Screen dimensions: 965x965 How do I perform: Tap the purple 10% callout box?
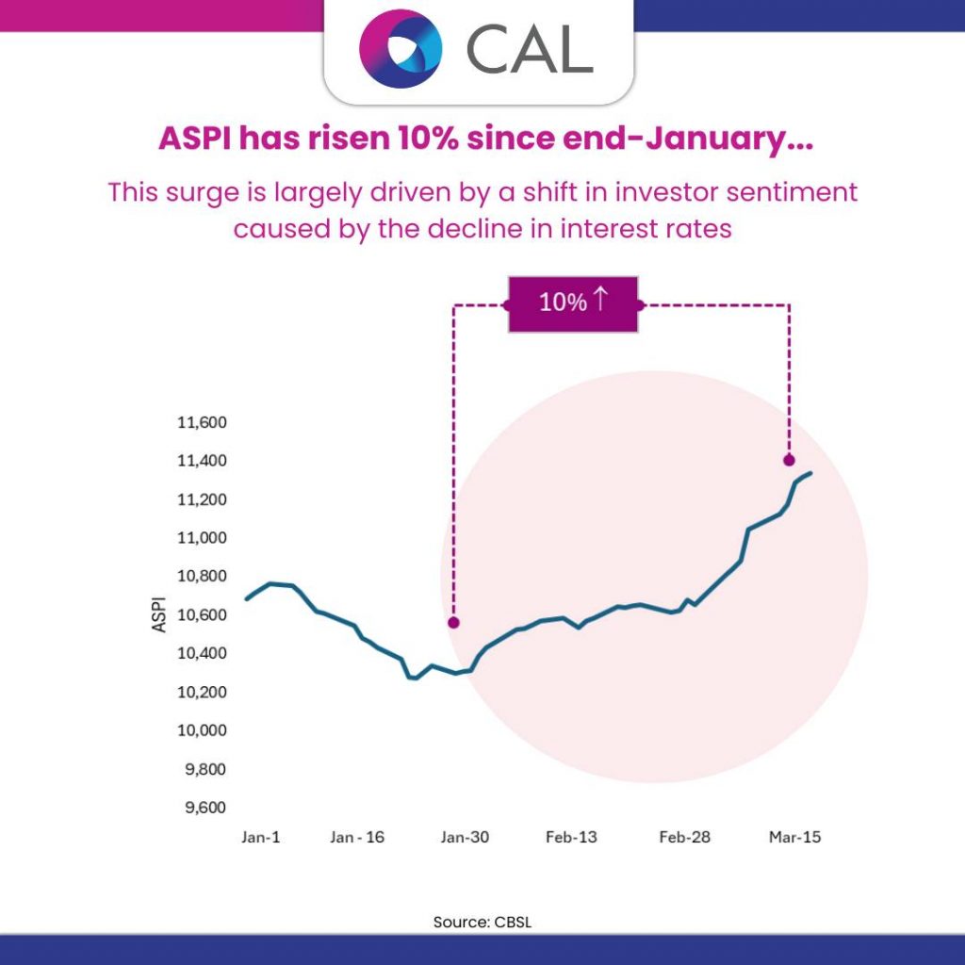(x=573, y=303)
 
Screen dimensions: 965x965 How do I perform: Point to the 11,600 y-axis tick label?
(x=201, y=422)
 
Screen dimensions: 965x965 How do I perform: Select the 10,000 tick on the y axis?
(x=201, y=730)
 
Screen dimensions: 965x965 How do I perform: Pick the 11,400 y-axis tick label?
(x=201, y=461)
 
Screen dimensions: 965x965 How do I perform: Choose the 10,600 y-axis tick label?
(x=201, y=614)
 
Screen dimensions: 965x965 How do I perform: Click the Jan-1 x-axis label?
(x=261, y=837)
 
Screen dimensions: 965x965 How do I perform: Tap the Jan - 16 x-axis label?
(x=358, y=837)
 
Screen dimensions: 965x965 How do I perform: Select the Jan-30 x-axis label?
(x=465, y=837)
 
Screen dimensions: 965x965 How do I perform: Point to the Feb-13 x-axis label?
(x=571, y=837)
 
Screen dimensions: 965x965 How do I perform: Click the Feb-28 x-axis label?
(x=684, y=837)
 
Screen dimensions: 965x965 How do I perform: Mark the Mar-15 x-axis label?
(x=793, y=837)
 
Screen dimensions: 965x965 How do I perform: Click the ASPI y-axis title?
(x=159, y=613)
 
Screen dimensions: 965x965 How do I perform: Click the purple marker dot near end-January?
(x=453, y=623)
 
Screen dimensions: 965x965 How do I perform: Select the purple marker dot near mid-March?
(x=789, y=460)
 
